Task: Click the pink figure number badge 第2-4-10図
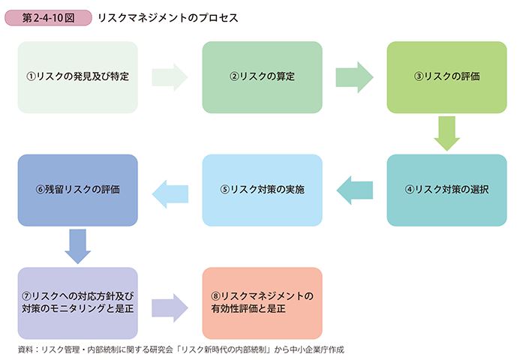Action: click(x=48, y=17)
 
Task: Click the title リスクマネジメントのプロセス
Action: click(x=168, y=18)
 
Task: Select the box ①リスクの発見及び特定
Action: click(x=77, y=77)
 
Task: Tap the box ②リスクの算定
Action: click(x=263, y=77)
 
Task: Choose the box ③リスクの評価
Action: click(x=446, y=77)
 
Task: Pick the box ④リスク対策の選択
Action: click(x=446, y=190)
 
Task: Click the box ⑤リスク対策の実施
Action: click(x=263, y=190)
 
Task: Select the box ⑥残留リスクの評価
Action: click(x=77, y=190)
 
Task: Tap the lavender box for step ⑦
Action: click(x=77, y=303)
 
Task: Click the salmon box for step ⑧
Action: click(x=263, y=303)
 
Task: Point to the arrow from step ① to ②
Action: click(x=170, y=77)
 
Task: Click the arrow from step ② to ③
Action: click(x=354, y=77)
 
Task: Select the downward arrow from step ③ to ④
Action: click(x=446, y=133)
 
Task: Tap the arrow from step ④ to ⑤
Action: click(x=354, y=190)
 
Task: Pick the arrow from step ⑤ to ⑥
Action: click(x=170, y=194)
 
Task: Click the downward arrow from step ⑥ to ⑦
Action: click(x=77, y=246)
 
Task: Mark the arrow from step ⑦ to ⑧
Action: click(x=170, y=307)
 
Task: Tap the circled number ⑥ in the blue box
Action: click(x=40, y=190)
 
